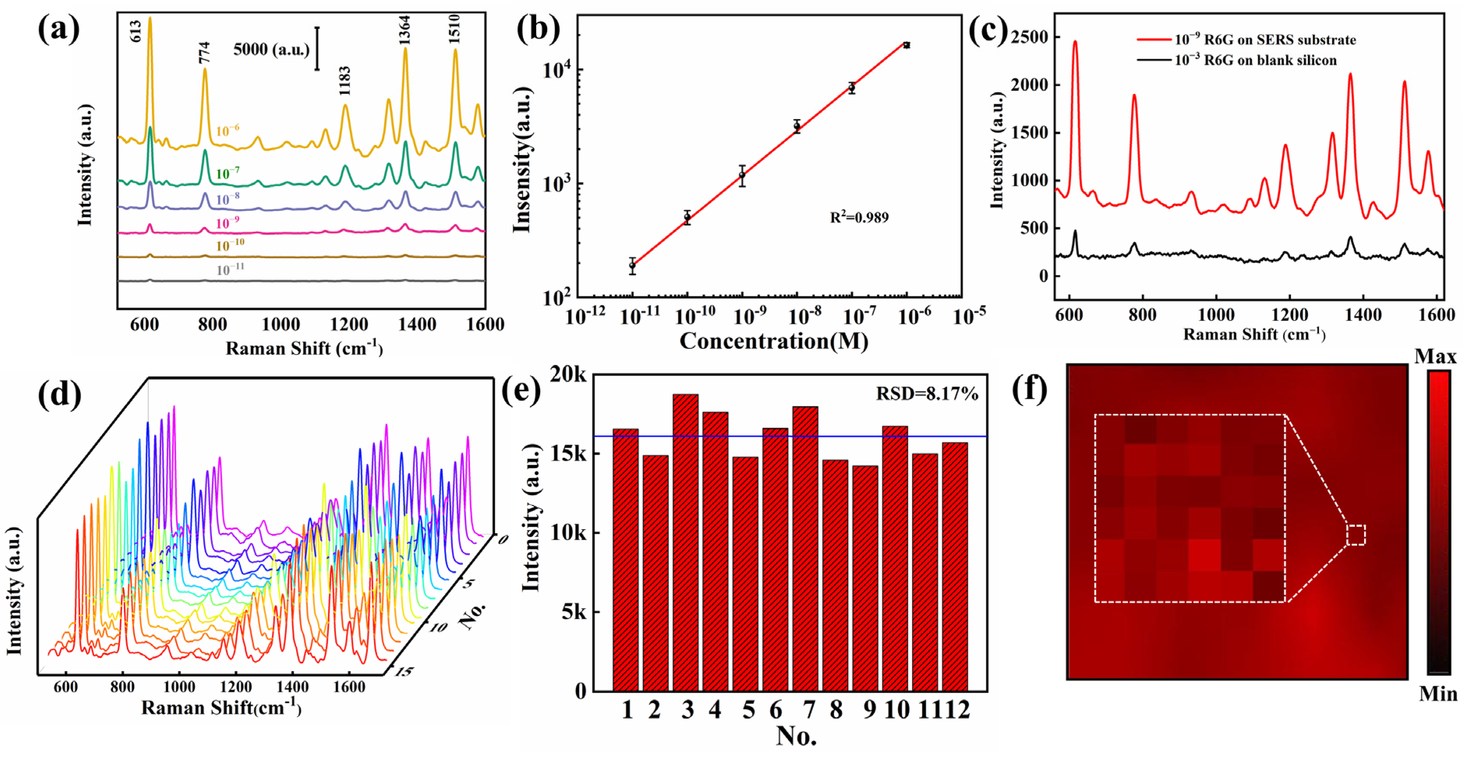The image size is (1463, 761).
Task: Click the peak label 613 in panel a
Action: point(135,31)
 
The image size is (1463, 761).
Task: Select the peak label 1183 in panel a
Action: point(344,81)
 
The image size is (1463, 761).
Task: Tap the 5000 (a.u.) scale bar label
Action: point(271,49)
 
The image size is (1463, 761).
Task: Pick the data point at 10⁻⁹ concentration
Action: point(742,176)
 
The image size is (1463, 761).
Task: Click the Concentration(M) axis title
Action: point(773,341)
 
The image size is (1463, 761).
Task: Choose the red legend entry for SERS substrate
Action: point(1246,40)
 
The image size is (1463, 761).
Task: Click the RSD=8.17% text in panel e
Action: point(927,393)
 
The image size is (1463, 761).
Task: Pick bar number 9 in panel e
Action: point(865,577)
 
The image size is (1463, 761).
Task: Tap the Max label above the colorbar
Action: point(1435,357)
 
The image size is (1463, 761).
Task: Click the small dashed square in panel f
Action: point(1356,535)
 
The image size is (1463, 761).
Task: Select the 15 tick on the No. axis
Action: point(403,672)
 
